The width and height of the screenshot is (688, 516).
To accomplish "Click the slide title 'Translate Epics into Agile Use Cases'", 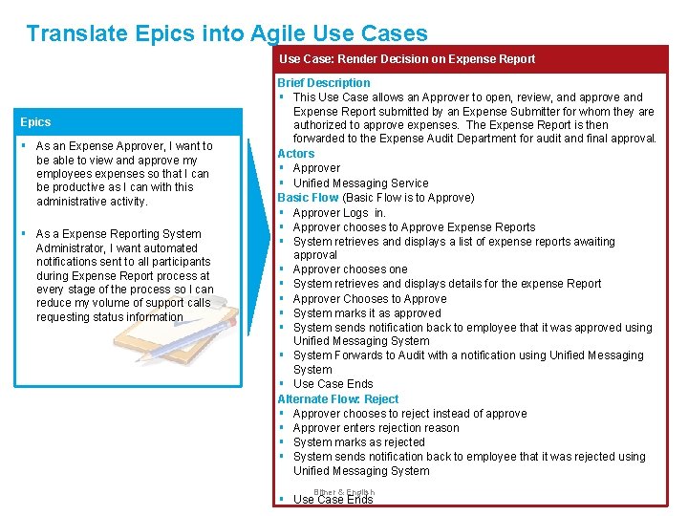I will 226,33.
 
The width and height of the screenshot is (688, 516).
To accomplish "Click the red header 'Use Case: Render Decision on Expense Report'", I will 406,59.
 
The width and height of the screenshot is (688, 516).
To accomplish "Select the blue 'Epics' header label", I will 35,122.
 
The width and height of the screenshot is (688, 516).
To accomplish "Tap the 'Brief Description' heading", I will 323,83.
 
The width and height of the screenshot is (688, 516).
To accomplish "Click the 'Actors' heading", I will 295,153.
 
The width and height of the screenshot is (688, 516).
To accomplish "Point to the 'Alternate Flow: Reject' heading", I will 337,398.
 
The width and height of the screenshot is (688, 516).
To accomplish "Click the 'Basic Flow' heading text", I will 308,197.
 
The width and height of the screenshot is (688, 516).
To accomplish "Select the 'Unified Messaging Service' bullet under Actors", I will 360,183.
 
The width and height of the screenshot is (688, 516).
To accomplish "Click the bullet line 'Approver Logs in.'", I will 339,212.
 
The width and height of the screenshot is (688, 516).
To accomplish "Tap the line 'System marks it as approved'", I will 367,312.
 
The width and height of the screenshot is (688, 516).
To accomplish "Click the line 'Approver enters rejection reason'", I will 376,428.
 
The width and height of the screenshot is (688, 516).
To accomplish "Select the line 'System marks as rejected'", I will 358,442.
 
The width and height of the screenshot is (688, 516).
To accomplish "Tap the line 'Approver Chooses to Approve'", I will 369,298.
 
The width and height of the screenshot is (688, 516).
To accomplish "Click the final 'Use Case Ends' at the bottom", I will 333,500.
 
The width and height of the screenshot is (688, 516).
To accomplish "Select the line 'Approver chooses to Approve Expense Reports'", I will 414,226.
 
